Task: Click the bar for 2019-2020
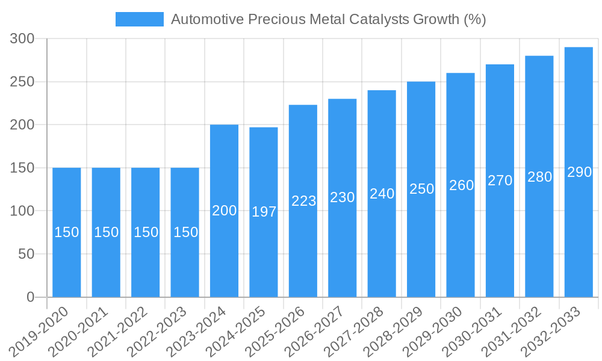pos(67,232)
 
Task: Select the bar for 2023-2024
pos(225,211)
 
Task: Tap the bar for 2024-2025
pos(264,212)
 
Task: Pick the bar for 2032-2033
pos(579,172)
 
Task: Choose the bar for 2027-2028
pos(382,194)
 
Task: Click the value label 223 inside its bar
pos(303,201)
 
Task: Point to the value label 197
pos(264,212)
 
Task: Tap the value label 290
pos(579,172)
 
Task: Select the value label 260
pos(461,185)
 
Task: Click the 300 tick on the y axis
pos(23,39)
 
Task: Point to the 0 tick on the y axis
pos(31,297)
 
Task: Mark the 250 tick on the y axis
pos(23,82)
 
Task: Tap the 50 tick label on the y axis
pos(27,254)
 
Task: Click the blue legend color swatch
pos(139,19)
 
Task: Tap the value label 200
pos(225,211)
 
